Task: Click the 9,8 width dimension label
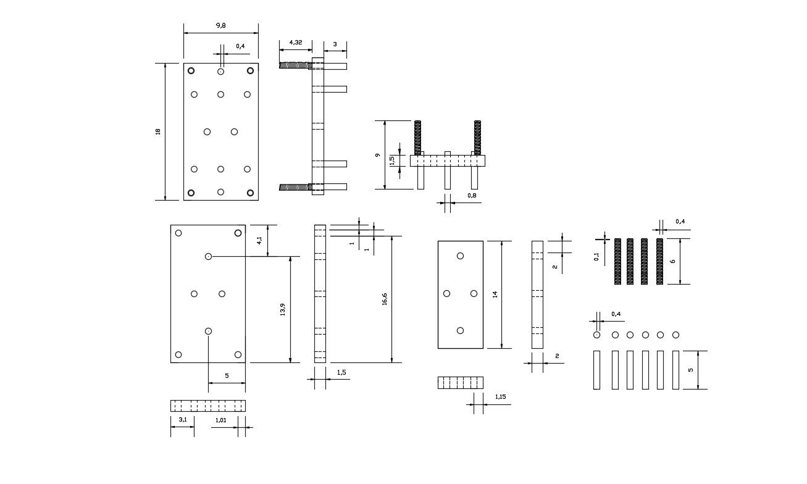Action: coord(220,25)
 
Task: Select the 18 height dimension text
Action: coord(158,131)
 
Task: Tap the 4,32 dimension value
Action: coord(295,43)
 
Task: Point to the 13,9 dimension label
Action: coord(283,309)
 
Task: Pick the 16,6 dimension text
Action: coord(384,299)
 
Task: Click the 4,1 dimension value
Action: coord(259,240)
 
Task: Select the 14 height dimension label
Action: coord(495,294)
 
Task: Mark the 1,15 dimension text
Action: coord(500,397)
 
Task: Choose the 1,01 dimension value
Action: coord(220,420)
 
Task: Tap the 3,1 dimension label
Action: coord(182,420)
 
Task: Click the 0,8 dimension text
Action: coord(472,195)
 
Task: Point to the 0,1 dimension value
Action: coord(596,256)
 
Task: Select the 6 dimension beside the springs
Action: coord(673,261)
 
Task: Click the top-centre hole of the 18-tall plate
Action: coord(220,72)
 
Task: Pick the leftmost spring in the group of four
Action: coord(617,261)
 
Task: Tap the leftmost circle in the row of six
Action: coord(596,335)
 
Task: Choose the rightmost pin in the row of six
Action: coord(675,370)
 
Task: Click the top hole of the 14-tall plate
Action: coord(460,256)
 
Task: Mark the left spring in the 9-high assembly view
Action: coord(418,137)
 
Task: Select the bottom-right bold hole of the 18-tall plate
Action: coord(250,193)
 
